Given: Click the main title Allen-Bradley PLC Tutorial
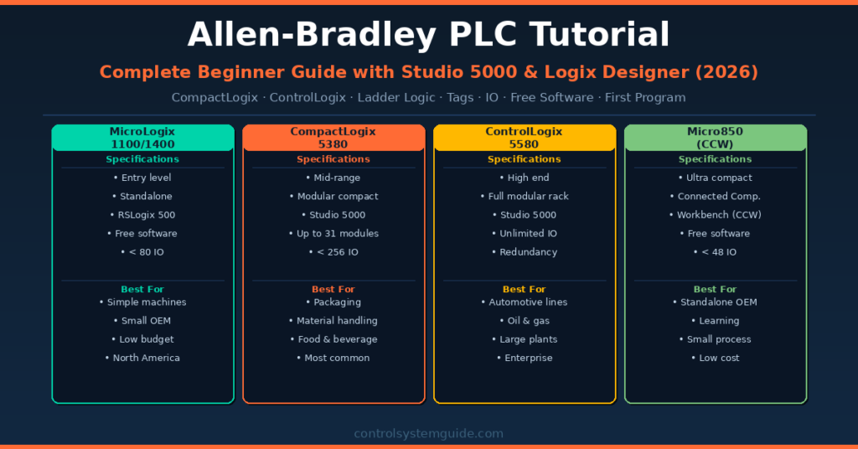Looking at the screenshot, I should point(428,35).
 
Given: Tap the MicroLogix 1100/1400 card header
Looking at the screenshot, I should point(142,137).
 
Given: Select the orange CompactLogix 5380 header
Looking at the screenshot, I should point(333,137).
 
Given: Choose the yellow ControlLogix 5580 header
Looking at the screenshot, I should point(525,137).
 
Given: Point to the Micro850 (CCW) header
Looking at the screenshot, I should point(716,137).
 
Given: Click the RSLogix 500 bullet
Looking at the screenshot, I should point(142,215).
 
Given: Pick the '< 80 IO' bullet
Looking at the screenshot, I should point(142,252).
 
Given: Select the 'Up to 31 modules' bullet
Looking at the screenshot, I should point(333,234).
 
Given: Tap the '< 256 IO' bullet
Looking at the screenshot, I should point(333,252).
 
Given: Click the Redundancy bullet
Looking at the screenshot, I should point(525,252).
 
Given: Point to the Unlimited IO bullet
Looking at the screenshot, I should point(525,234).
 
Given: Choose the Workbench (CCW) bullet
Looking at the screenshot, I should point(716,215).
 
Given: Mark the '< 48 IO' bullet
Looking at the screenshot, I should point(716,252).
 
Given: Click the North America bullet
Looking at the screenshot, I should point(142,358).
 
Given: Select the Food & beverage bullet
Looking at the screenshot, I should point(333,339).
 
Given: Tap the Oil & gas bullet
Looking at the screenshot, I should point(525,321).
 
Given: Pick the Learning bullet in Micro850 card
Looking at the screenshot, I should point(716,321).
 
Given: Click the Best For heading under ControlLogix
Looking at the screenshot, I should point(525,289).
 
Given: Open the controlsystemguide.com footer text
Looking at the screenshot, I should point(428,434).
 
